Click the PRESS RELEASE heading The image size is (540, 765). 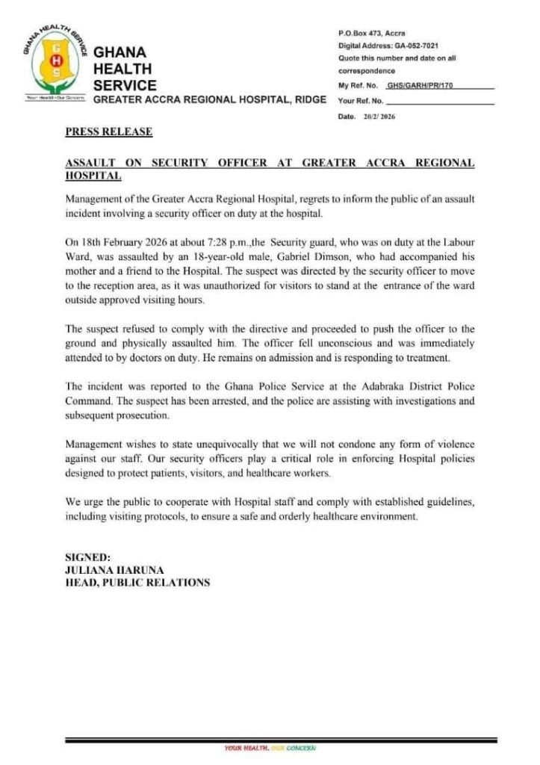click(108, 132)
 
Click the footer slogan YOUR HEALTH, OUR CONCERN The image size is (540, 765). click(270, 747)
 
